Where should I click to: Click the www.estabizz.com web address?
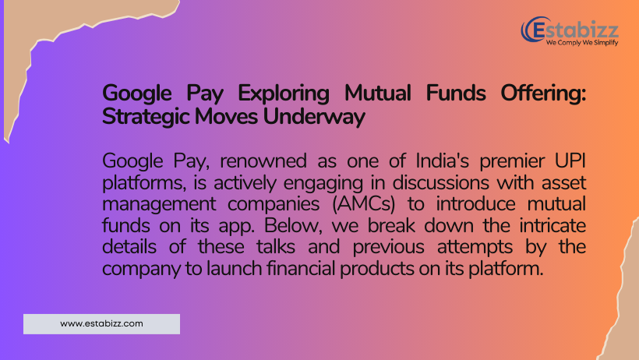101,323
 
